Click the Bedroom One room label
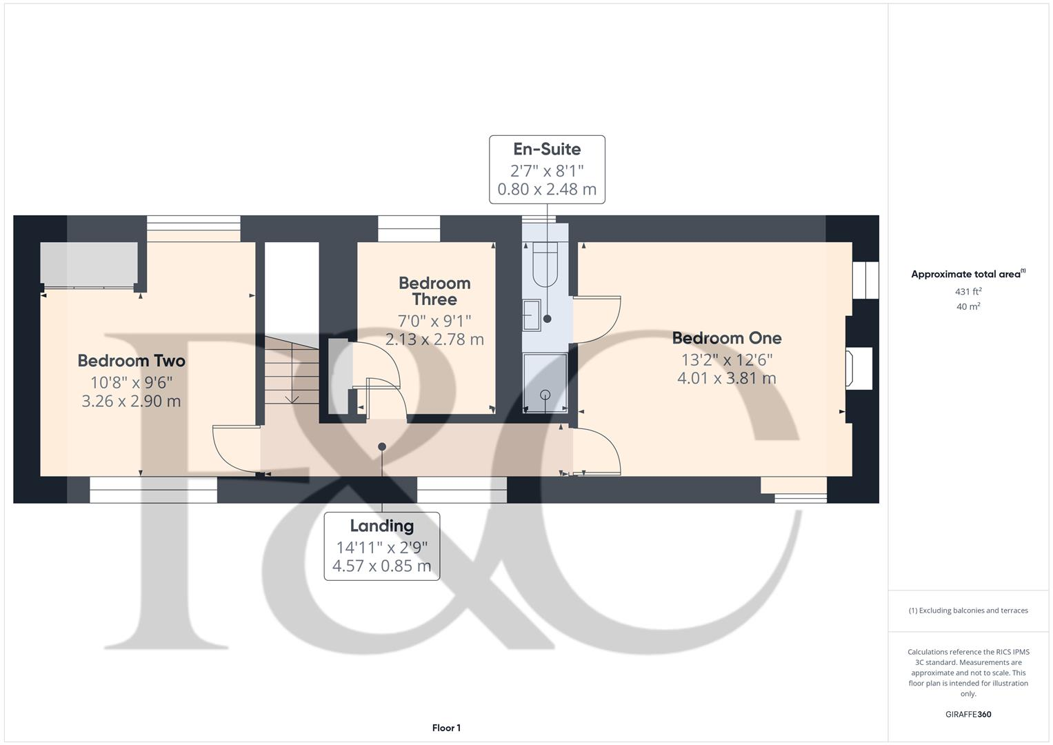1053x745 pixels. pyautogui.click(x=727, y=338)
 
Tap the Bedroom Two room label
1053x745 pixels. pyautogui.click(x=131, y=361)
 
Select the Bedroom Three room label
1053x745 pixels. pyautogui.click(x=434, y=291)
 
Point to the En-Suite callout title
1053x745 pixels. pyautogui.click(x=547, y=149)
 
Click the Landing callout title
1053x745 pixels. pyautogui.click(x=381, y=526)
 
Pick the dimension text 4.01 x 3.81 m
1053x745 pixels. pyautogui.click(x=727, y=378)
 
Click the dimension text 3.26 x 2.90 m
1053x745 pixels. pyautogui.click(x=131, y=401)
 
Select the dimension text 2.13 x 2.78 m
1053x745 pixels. pyautogui.click(x=434, y=339)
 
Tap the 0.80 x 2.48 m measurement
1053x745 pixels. pyautogui.click(x=547, y=189)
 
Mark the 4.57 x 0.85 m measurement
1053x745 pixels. pyautogui.click(x=381, y=566)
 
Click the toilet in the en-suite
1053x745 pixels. pyautogui.click(x=545, y=265)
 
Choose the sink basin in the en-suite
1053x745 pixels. pyautogui.click(x=532, y=315)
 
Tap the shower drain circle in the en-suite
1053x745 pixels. pyautogui.click(x=545, y=395)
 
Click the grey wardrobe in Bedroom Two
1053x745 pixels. pyautogui.click(x=88, y=264)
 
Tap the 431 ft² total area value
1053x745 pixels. pyautogui.click(x=968, y=292)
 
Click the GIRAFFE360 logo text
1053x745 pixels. pyautogui.click(x=968, y=714)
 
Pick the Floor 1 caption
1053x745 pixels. pyautogui.click(x=446, y=728)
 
